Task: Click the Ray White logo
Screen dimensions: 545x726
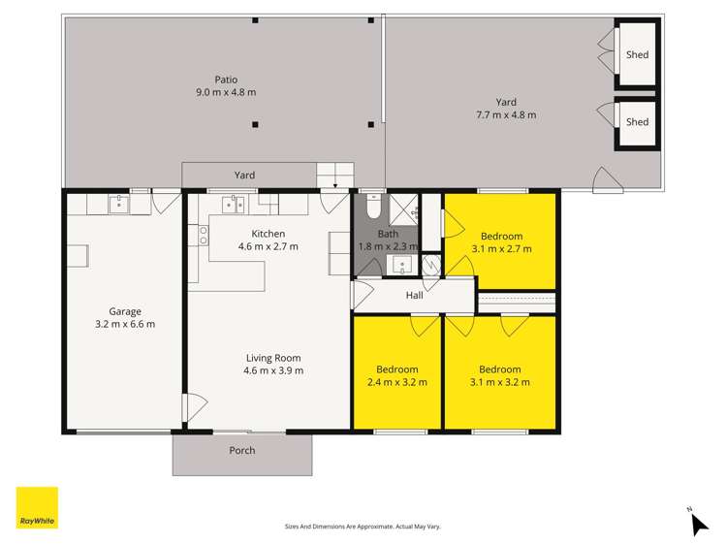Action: click(x=37, y=507)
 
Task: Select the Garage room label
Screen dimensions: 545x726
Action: click(x=125, y=311)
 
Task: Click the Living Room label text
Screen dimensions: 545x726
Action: click(x=274, y=358)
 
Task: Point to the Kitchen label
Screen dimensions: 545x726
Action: click(x=268, y=234)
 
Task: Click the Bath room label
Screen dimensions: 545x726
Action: click(x=388, y=234)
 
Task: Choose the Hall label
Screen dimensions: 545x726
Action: click(x=415, y=295)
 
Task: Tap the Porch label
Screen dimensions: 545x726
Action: click(x=242, y=450)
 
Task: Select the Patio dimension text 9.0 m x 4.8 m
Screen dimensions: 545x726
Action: click(x=226, y=92)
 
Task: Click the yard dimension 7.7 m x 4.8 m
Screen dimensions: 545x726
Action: click(x=506, y=114)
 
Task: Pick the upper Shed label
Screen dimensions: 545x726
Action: click(x=637, y=55)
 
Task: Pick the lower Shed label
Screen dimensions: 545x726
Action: click(x=637, y=122)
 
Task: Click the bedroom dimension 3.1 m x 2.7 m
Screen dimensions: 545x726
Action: click(x=501, y=248)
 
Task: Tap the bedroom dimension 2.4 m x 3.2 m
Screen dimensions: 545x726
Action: click(x=397, y=381)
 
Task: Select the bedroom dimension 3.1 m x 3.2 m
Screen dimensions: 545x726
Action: click(x=500, y=381)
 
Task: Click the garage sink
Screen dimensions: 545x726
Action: click(x=119, y=204)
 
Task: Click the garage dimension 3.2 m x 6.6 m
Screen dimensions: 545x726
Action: click(x=125, y=324)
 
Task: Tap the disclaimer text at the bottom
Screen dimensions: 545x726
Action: click(x=363, y=526)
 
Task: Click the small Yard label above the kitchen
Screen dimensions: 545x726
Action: click(x=244, y=176)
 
